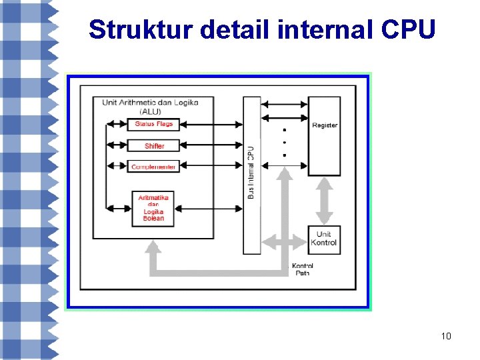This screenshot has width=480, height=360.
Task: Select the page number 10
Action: click(x=446, y=336)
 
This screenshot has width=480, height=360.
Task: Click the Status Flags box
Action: click(x=153, y=124)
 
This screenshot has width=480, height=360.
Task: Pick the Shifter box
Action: click(x=153, y=145)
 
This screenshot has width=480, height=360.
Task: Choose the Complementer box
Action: click(x=153, y=167)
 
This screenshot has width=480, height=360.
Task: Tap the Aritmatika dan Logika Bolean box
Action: click(x=153, y=207)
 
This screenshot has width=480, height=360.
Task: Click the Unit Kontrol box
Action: click(x=324, y=239)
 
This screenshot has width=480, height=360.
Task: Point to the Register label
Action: click(x=325, y=125)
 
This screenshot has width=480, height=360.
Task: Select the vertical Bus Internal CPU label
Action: click(x=251, y=173)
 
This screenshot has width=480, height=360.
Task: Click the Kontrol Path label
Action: click(x=303, y=269)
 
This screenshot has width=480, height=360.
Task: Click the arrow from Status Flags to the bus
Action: click(x=211, y=124)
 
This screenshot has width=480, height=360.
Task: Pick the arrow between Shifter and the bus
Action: click(x=211, y=145)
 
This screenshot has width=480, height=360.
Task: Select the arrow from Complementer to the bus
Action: click(x=211, y=167)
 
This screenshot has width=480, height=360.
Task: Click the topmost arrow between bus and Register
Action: click(x=285, y=104)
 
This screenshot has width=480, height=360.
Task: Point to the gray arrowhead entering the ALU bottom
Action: click(x=154, y=248)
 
